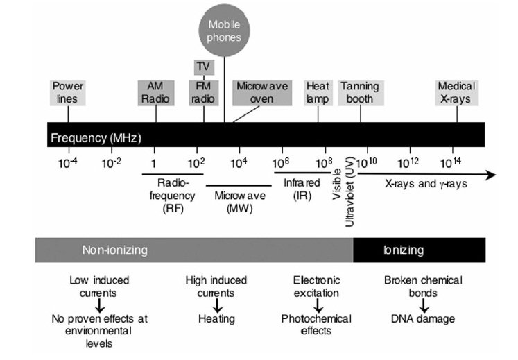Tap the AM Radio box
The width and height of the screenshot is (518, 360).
(x=156, y=93)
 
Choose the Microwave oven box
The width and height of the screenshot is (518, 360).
(x=254, y=93)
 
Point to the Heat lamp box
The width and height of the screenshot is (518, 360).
(x=318, y=93)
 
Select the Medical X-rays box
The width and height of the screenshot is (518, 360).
(x=456, y=93)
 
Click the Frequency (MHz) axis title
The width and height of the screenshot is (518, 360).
(x=96, y=137)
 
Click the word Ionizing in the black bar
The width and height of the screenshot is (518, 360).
(x=403, y=250)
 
